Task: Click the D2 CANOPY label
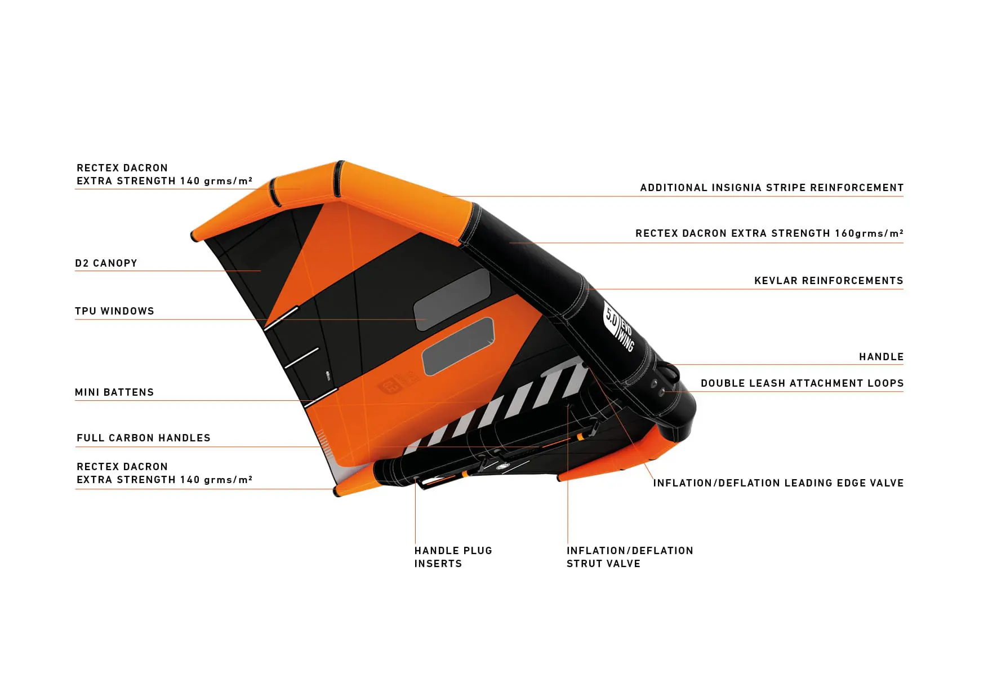click(x=106, y=263)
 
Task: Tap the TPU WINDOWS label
click(x=114, y=311)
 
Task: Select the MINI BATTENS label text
click(x=114, y=392)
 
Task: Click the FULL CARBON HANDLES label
click(x=144, y=438)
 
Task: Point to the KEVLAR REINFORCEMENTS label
click(x=829, y=281)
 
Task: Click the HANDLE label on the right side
click(x=881, y=357)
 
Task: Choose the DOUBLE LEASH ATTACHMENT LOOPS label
click(x=802, y=383)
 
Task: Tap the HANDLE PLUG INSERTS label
click(x=453, y=557)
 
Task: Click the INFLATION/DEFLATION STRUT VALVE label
click(x=630, y=557)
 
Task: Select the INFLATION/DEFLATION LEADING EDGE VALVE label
click(x=778, y=483)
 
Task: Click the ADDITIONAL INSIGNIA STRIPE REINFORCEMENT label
click(x=772, y=188)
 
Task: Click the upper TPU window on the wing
click(x=452, y=299)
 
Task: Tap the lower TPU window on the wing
click(x=458, y=346)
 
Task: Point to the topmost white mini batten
click(x=281, y=318)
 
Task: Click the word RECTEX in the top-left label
click(x=94, y=168)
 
